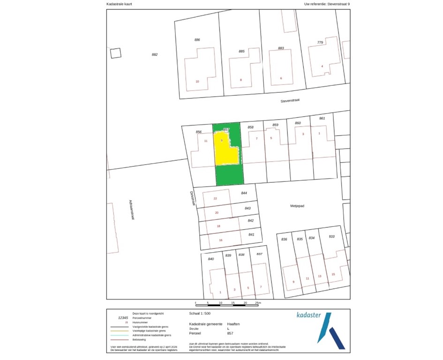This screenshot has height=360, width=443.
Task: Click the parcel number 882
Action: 155,54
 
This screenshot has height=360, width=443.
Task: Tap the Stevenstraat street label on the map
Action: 290,100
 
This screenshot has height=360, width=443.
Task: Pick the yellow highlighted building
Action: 225,149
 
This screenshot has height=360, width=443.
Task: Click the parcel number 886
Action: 197,40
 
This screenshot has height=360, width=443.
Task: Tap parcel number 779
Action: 320,43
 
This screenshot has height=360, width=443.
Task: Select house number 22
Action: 215,198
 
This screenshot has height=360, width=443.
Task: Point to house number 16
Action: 221,240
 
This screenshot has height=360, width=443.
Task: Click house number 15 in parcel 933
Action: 333,274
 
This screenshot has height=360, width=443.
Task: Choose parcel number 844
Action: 244,193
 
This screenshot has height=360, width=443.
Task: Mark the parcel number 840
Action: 211,259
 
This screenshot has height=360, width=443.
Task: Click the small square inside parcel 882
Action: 115,53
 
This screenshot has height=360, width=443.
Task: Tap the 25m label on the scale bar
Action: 257,303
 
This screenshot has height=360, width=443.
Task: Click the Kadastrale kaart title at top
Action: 120,4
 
